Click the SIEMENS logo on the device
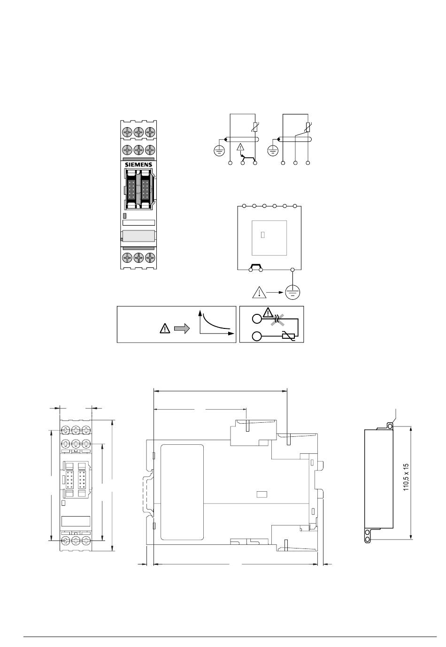138,164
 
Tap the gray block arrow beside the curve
182,328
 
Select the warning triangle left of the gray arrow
165,328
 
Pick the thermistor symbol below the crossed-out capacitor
288,336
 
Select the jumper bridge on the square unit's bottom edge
255,267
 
